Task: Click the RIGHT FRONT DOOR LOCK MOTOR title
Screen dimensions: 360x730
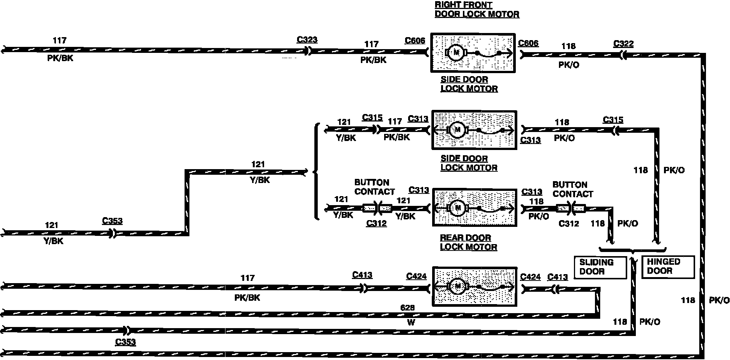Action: pyautogui.click(x=477, y=9)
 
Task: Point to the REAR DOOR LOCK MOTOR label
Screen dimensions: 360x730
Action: pyautogui.click(x=469, y=242)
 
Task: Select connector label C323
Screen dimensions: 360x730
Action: pyautogui.click(x=307, y=40)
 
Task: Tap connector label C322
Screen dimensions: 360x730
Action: pyautogui.click(x=623, y=44)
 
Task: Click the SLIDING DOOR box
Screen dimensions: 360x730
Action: pyautogui.click(x=600, y=267)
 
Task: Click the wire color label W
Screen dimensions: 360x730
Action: pyautogui.click(x=411, y=322)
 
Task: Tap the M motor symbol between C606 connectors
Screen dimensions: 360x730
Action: pyautogui.click(x=456, y=53)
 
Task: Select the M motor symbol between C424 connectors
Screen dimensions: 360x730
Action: pyautogui.click(x=457, y=286)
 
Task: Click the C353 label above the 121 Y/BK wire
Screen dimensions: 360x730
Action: pyautogui.click(x=112, y=221)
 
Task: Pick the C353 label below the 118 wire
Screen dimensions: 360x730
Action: pyautogui.click(x=125, y=342)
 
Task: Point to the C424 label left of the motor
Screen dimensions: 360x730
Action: pyautogui.click(x=416, y=276)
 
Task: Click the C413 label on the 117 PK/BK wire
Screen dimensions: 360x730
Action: pyautogui.click(x=362, y=275)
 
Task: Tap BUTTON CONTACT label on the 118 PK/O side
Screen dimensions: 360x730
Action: pyautogui.click(x=572, y=189)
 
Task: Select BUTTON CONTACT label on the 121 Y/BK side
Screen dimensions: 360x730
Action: pyautogui.click(x=374, y=187)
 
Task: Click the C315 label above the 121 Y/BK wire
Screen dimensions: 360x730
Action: pyautogui.click(x=372, y=117)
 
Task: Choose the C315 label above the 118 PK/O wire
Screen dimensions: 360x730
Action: pyautogui.click(x=613, y=120)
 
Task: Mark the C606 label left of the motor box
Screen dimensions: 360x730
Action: pyautogui.click(x=415, y=40)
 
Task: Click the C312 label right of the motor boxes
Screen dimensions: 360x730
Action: pyautogui.click(x=568, y=224)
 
